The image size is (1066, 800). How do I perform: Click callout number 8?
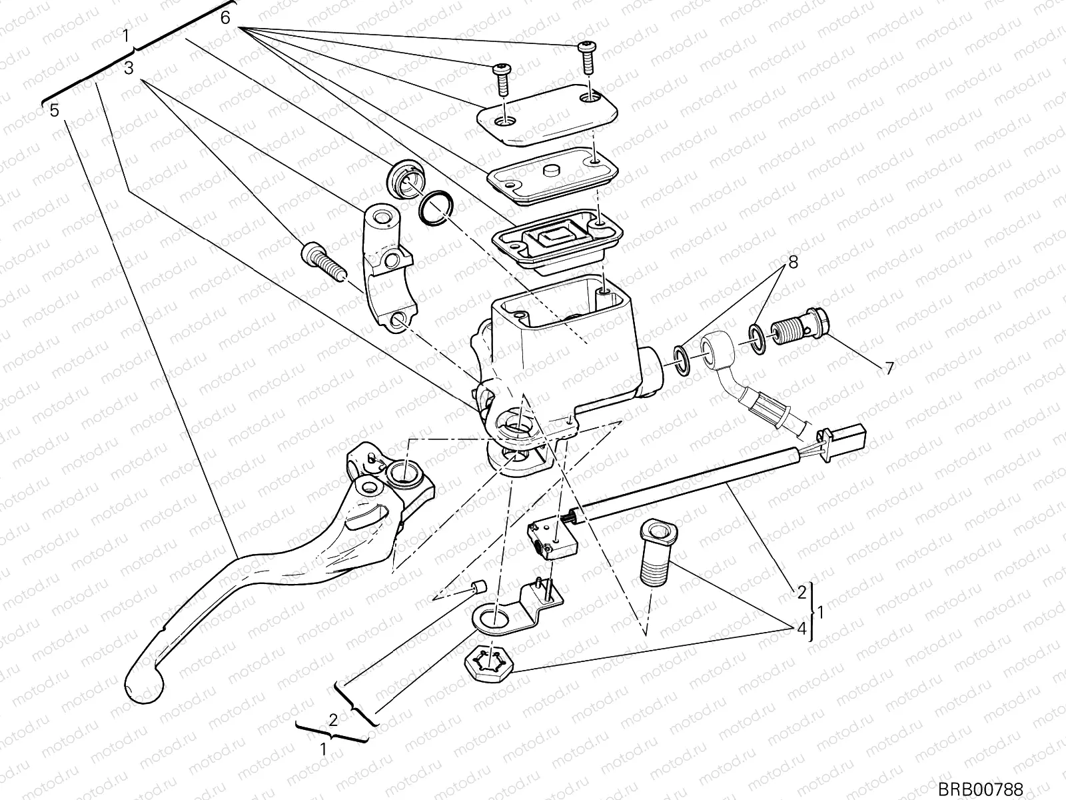[792, 262]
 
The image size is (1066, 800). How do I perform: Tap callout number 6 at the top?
[225, 18]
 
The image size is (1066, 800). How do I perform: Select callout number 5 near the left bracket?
[55, 110]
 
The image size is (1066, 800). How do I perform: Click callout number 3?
[129, 68]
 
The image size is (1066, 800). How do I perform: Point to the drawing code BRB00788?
[980, 789]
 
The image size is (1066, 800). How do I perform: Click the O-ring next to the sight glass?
[436, 208]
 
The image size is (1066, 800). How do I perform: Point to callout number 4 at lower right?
[803, 628]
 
